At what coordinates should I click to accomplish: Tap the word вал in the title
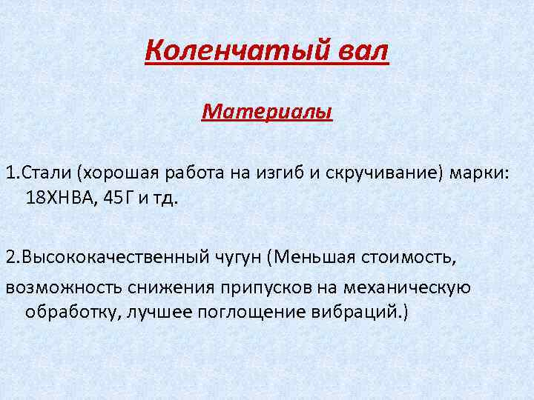[362, 52]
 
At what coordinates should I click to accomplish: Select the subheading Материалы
[267, 112]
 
